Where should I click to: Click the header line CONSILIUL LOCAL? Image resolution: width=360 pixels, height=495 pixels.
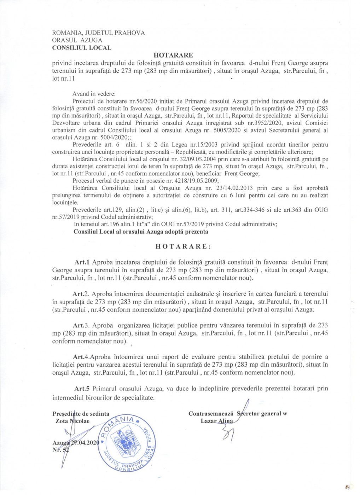tap(82, 47)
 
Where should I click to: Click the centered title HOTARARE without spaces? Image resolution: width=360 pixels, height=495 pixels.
tap(173, 55)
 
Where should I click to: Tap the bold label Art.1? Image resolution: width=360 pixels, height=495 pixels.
tap(82, 262)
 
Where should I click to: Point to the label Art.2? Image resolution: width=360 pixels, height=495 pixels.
tap(80, 294)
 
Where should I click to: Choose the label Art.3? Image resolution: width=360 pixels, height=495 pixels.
tap(80, 325)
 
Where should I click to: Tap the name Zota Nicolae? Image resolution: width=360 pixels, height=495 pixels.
tap(72, 421)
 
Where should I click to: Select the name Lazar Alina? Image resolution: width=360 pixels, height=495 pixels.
tap(217, 421)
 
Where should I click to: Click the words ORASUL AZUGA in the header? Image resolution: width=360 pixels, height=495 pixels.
tap(77, 40)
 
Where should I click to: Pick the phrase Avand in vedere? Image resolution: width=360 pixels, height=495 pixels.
tap(94, 94)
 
